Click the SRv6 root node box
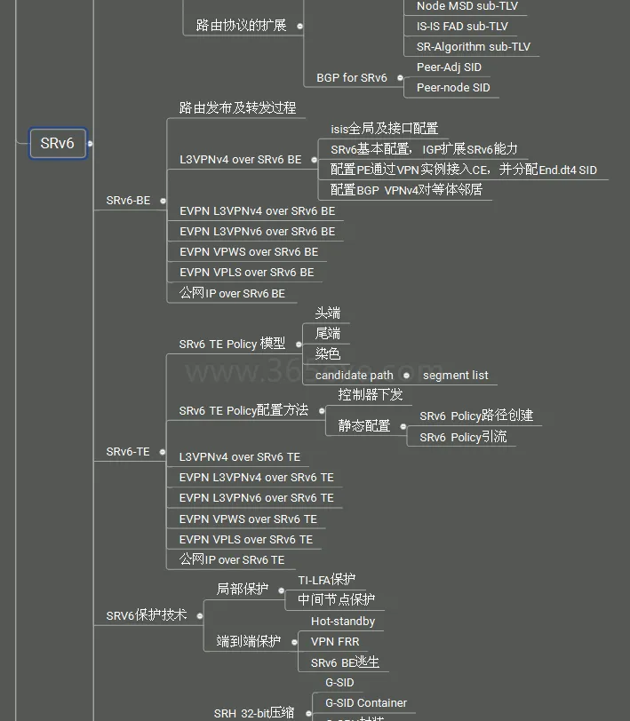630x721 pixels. coord(58,144)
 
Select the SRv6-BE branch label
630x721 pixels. coord(128,201)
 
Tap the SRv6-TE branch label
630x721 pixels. coord(128,452)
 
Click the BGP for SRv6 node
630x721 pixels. coord(352,77)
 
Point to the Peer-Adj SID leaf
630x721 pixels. coord(449,67)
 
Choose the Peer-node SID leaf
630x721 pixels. coord(452,87)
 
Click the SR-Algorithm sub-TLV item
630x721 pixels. coord(473,46)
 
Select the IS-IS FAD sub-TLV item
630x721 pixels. coord(462,26)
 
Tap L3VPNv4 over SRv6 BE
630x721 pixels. coord(240,160)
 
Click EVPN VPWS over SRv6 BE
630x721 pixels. coord(248,252)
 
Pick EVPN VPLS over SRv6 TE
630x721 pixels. coord(246,539)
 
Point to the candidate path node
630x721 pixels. coord(354,375)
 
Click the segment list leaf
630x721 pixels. coord(455,375)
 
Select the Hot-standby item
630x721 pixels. coord(343,621)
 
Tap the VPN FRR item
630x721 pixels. coord(335,641)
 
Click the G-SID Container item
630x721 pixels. coord(365,702)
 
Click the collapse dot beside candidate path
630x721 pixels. coord(407,376)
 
